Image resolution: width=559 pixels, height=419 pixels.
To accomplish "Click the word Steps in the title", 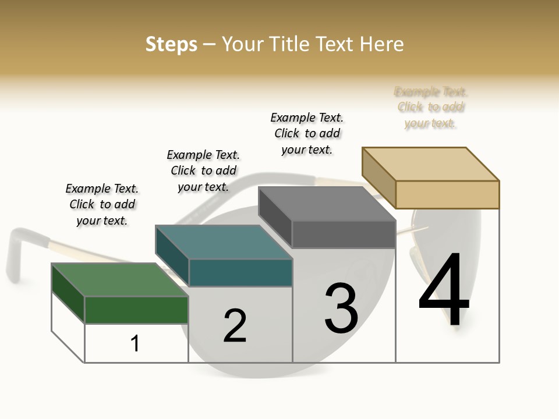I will [171, 45].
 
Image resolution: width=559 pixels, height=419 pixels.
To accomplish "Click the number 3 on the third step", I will [341, 308].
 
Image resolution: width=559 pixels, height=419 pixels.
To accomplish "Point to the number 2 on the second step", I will [235, 326].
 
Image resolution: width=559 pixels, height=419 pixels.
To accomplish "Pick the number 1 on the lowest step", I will [135, 343].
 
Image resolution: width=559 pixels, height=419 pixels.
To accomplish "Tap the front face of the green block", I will [136, 310].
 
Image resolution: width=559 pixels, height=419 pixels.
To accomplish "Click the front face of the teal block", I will [240, 272].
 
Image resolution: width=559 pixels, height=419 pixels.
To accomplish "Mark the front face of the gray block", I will [344, 234].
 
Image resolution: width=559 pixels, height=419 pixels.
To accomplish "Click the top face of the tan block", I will [430, 164].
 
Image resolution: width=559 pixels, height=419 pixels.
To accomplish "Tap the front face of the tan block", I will [447, 194].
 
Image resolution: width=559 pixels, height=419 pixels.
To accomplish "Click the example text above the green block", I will [102, 204].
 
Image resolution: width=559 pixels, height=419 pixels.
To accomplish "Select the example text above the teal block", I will [203, 171].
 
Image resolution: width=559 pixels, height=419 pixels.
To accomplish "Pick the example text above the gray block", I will [307, 133].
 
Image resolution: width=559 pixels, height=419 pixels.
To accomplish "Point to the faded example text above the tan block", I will [431, 107].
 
